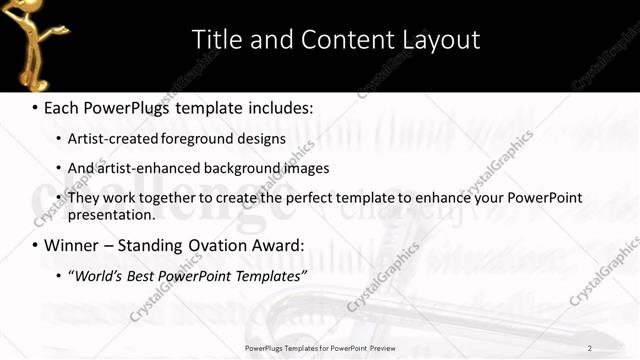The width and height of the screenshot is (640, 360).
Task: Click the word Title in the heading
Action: pyautogui.click(x=214, y=40)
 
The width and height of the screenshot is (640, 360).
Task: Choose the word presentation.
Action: pyautogui.click(x=112, y=214)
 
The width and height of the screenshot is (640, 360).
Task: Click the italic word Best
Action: pyautogui.click(x=146, y=276)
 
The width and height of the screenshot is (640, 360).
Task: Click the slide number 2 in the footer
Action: pyautogui.click(x=590, y=347)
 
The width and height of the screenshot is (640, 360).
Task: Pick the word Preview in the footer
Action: pyautogui.click(x=377, y=347)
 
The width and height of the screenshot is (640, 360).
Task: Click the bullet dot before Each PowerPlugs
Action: pyautogui.click(x=34, y=107)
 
